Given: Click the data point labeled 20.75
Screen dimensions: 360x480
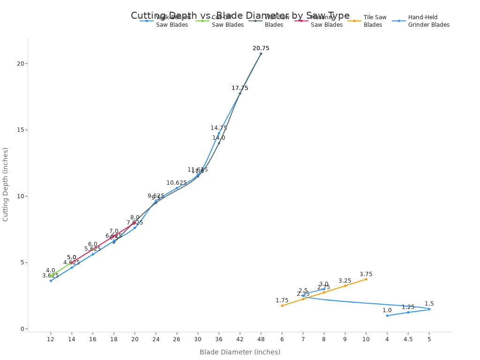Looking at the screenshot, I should (261, 53).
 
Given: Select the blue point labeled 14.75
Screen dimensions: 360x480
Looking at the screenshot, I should (219, 133).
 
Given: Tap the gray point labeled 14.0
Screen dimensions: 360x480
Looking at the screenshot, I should (219, 143).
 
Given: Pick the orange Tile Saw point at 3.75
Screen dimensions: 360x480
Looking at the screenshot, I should (366, 279).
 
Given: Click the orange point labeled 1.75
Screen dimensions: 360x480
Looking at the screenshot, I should (282, 306).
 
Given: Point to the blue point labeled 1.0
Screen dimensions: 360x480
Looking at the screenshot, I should (387, 315).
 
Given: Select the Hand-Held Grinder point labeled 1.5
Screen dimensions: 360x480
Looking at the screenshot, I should (429, 309).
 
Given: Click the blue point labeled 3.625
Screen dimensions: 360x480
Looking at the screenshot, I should (51, 280).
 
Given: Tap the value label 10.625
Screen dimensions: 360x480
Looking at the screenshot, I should (176, 183).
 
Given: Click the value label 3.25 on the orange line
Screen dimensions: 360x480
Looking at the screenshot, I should (345, 281).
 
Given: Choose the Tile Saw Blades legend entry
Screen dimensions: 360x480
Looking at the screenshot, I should (370, 21).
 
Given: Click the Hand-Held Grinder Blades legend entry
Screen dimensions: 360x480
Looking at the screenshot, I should (424, 21).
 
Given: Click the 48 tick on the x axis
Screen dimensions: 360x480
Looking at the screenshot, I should (261, 339).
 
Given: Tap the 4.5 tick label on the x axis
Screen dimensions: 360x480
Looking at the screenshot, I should (408, 339).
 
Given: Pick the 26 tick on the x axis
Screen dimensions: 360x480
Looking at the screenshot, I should (177, 339).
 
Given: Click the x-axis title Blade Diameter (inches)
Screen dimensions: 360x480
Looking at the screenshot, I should (240, 352).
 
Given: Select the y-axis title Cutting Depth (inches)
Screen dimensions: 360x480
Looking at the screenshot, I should (6, 184).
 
